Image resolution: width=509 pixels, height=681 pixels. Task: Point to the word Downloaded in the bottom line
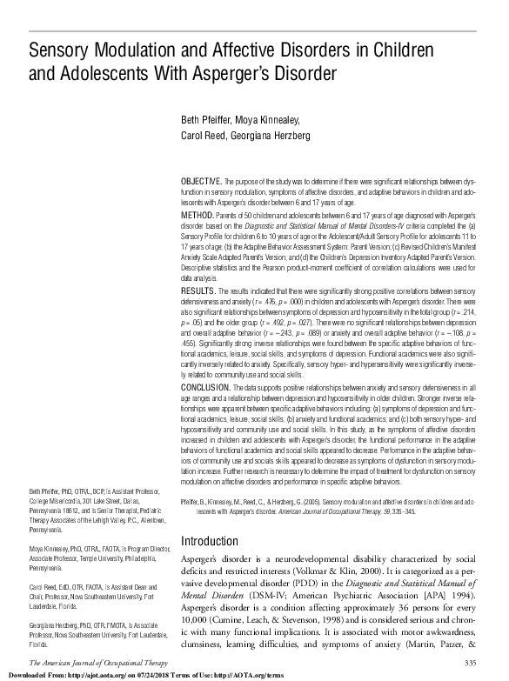(24, 675)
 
